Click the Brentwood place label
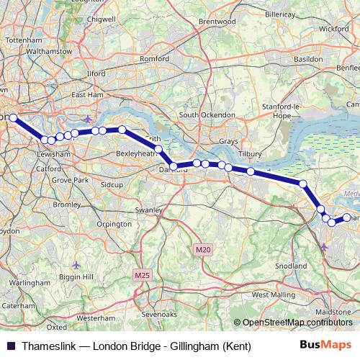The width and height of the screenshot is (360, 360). (x=217, y=22)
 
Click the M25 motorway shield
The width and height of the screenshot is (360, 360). (x=141, y=275)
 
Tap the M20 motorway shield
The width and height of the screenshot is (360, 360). (x=204, y=249)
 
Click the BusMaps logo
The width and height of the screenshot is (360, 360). (x=325, y=346)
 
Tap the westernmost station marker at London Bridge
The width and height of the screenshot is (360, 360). (x=13, y=117)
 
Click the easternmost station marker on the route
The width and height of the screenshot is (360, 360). (x=346, y=217)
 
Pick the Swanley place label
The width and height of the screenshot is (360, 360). (x=150, y=210)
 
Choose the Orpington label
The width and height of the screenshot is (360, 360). (x=114, y=224)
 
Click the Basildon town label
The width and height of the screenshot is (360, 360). (x=307, y=58)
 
